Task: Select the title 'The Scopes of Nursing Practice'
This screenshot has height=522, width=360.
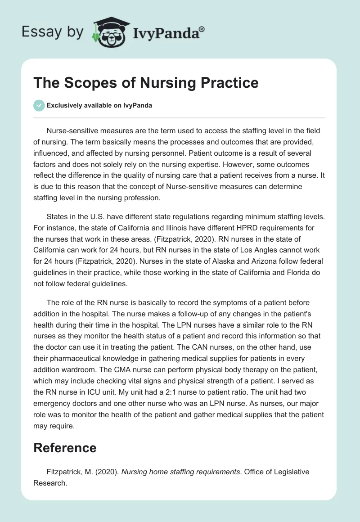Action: tap(146, 83)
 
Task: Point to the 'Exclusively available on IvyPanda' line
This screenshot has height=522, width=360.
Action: tap(99, 106)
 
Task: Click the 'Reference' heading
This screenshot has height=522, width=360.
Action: tap(65, 448)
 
